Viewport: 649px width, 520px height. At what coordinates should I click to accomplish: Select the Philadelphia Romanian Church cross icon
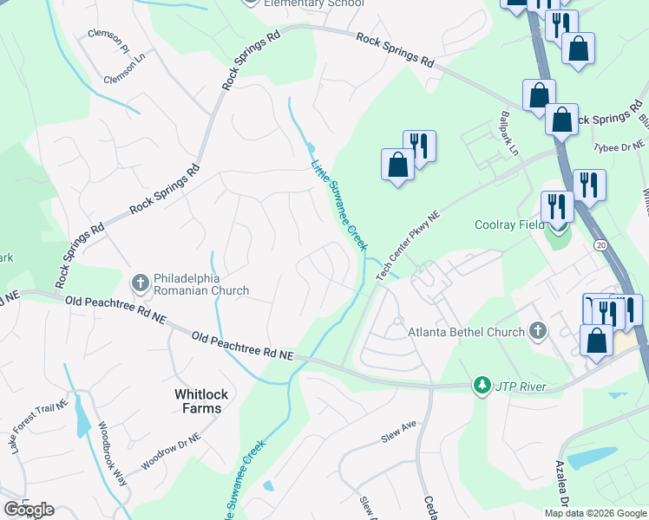(x=140, y=283)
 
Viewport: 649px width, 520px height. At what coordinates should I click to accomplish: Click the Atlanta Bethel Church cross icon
(x=538, y=331)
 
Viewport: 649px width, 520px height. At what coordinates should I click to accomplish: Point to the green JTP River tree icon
(x=481, y=384)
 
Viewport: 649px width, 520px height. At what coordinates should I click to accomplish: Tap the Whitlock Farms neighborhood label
(x=201, y=401)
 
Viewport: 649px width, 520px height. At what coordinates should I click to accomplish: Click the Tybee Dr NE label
(x=619, y=147)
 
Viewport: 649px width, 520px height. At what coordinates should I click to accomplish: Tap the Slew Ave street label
(x=398, y=433)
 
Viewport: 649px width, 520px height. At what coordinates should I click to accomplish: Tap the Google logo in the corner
(x=29, y=510)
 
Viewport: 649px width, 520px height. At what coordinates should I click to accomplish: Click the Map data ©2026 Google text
(x=594, y=513)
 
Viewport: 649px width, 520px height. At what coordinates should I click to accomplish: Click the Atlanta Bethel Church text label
(x=469, y=332)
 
